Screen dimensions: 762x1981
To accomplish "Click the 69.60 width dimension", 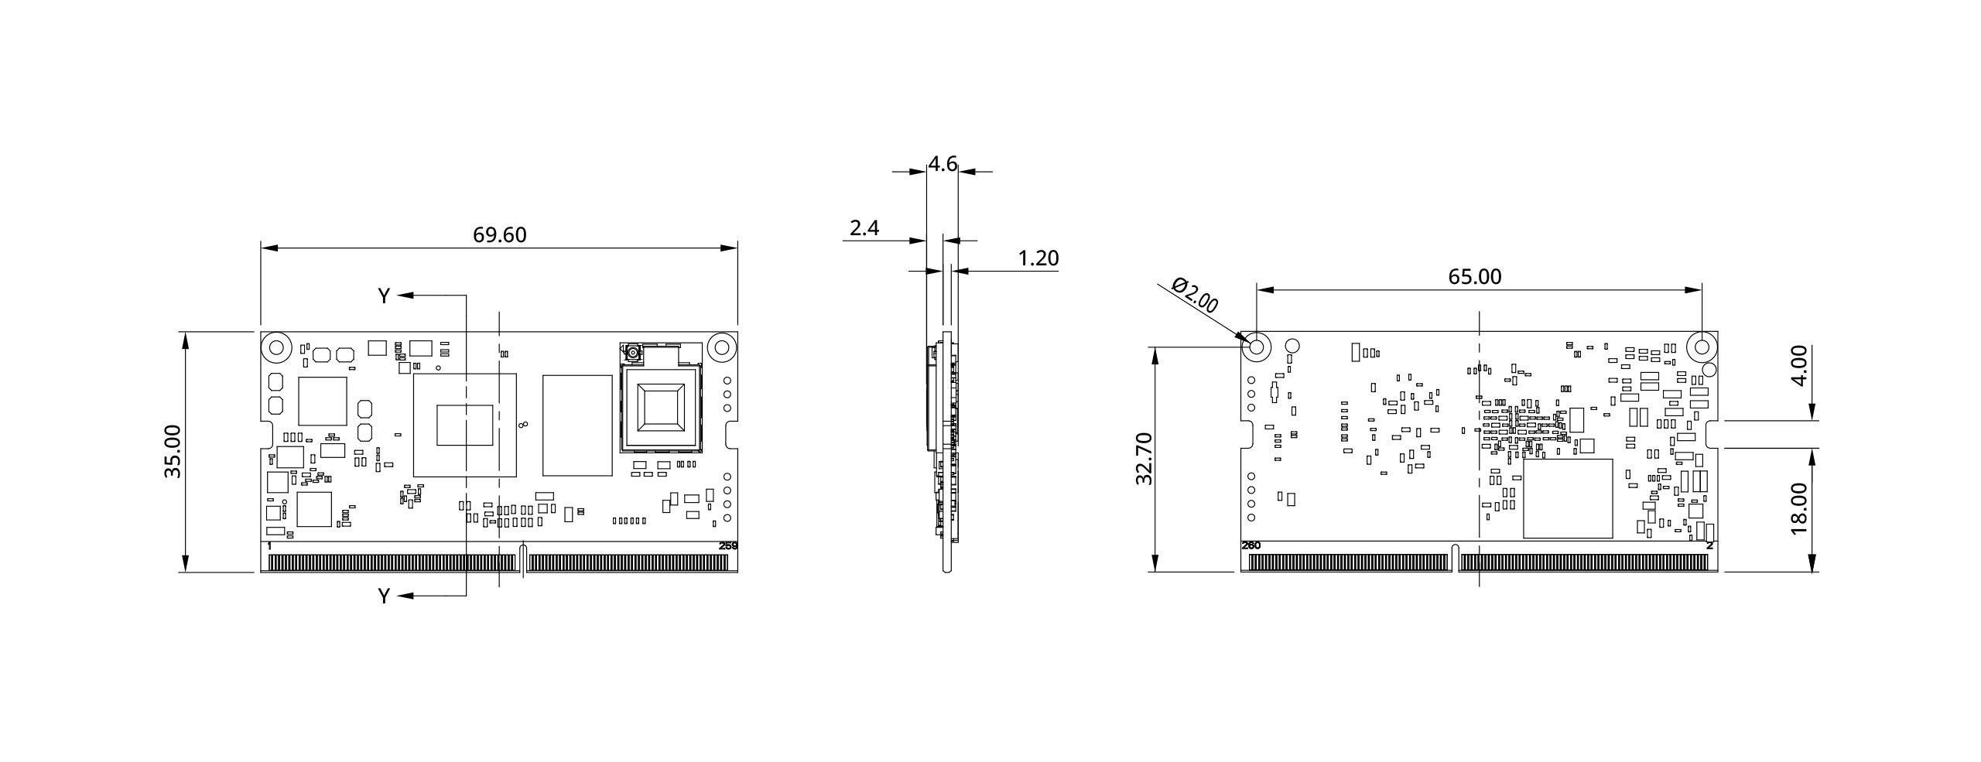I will (x=499, y=234).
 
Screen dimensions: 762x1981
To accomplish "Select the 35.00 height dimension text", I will (x=172, y=451).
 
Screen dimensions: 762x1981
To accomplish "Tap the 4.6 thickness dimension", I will (x=942, y=164).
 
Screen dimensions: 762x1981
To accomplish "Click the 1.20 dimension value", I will (x=1038, y=258).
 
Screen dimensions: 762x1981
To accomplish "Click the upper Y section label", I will (x=384, y=296).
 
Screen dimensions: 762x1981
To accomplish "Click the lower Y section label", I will (x=384, y=596).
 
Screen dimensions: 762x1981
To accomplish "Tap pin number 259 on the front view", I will (x=728, y=546).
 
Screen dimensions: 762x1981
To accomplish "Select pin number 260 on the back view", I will (x=1251, y=545).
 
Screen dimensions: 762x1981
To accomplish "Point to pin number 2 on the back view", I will (x=1709, y=545).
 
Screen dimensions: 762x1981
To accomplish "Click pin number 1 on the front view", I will (x=269, y=546).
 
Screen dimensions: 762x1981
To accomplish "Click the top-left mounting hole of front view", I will (x=275, y=347).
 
